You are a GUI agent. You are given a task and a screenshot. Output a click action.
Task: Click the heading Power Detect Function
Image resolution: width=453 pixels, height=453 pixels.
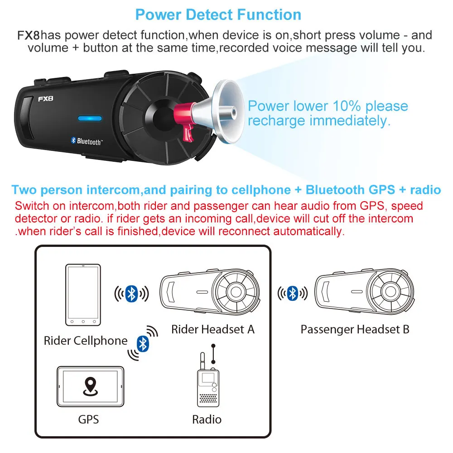(x=218, y=14)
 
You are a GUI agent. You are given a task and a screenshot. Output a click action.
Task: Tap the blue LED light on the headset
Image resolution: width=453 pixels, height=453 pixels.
(x=89, y=119)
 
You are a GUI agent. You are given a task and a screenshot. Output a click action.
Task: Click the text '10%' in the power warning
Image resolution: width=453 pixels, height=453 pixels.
(x=347, y=106)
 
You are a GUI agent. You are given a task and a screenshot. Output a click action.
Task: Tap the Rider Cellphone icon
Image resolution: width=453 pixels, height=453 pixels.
(x=84, y=295)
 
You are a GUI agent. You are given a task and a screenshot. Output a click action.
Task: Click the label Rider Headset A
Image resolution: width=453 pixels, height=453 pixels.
(x=212, y=329)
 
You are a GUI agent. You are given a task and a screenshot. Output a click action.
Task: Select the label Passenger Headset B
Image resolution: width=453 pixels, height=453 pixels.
(x=355, y=329)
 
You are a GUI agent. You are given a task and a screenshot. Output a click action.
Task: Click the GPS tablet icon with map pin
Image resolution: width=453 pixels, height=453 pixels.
(x=90, y=387)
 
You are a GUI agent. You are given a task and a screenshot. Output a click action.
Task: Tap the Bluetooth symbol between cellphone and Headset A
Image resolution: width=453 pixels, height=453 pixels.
(x=131, y=294)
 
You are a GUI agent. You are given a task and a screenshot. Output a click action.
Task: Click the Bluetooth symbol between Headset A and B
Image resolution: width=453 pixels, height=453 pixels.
(x=293, y=294)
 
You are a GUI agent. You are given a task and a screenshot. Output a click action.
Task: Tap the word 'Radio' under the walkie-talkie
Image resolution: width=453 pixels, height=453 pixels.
(x=207, y=419)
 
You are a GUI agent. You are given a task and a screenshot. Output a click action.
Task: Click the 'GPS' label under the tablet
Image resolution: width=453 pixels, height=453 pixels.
(x=88, y=419)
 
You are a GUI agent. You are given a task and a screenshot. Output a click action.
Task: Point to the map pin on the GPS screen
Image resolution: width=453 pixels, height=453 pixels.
(x=90, y=385)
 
